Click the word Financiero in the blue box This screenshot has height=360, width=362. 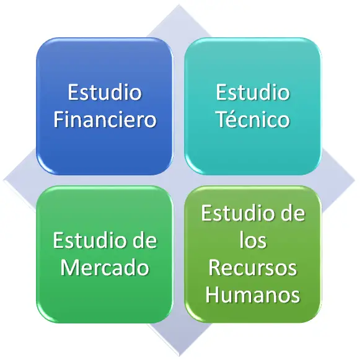point(105,120)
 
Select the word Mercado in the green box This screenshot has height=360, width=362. point(105,268)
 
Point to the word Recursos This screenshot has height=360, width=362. point(253,268)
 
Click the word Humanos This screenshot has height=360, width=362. point(253,295)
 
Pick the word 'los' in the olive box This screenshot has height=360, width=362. point(253,240)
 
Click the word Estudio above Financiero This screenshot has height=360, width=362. point(105,92)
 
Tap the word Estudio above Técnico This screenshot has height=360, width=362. point(253,92)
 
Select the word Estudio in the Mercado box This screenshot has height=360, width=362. point(90,240)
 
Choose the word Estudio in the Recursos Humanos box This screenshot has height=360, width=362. point(238,213)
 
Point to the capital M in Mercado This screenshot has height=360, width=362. point(70,268)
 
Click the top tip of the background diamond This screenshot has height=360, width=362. point(179,4)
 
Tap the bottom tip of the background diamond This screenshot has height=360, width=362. point(179,356)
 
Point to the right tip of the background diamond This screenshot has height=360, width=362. point(355,180)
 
